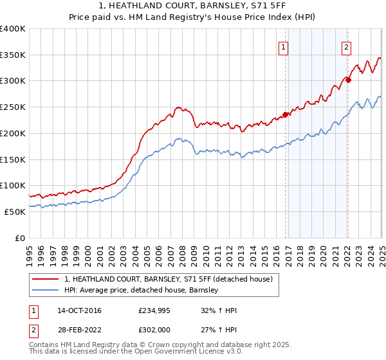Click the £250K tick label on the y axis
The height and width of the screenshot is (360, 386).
pyautogui.click(x=13, y=107)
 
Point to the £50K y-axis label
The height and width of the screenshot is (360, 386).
pyautogui.click(x=15, y=212)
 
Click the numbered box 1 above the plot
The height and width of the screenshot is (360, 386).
pyautogui.click(x=284, y=46)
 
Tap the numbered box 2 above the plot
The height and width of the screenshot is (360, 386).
pyautogui.click(x=346, y=46)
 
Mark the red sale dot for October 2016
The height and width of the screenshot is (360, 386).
pyautogui.click(x=285, y=115)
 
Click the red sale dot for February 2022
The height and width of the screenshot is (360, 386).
pyautogui.click(x=347, y=80)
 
